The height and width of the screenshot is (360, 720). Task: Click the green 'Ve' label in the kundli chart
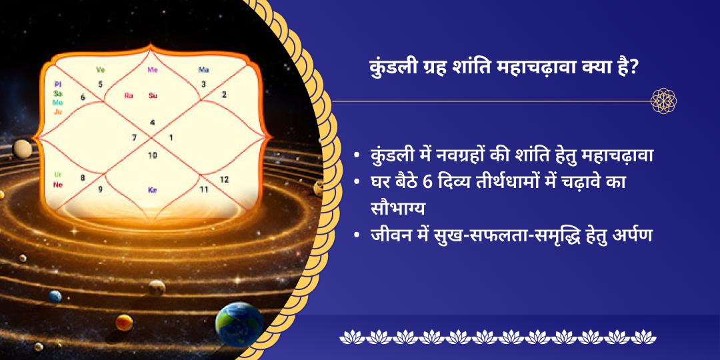pos(101,69)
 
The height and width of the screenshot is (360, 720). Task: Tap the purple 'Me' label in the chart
pos(153,69)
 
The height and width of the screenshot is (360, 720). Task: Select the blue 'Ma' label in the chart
pos(203,69)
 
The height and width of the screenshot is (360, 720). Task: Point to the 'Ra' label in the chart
pos(129,95)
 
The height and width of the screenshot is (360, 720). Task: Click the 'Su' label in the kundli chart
pos(153,95)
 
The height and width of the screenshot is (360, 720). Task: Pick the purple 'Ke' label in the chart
pos(153,190)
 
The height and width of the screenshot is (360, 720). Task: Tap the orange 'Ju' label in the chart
pos(58,112)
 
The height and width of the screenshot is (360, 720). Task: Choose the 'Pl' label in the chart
pos(57,85)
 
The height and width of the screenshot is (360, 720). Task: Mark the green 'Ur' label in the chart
pos(58,174)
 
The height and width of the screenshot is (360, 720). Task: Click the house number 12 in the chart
pos(224,179)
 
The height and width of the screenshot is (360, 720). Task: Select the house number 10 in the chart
pos(153,155)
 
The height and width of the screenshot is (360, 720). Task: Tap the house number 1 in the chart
pos(171,138)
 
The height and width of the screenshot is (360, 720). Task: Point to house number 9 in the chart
pos(100,189)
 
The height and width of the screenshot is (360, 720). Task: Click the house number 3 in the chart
pos(203,84)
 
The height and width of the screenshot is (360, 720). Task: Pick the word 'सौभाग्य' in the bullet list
pos(399,207)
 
